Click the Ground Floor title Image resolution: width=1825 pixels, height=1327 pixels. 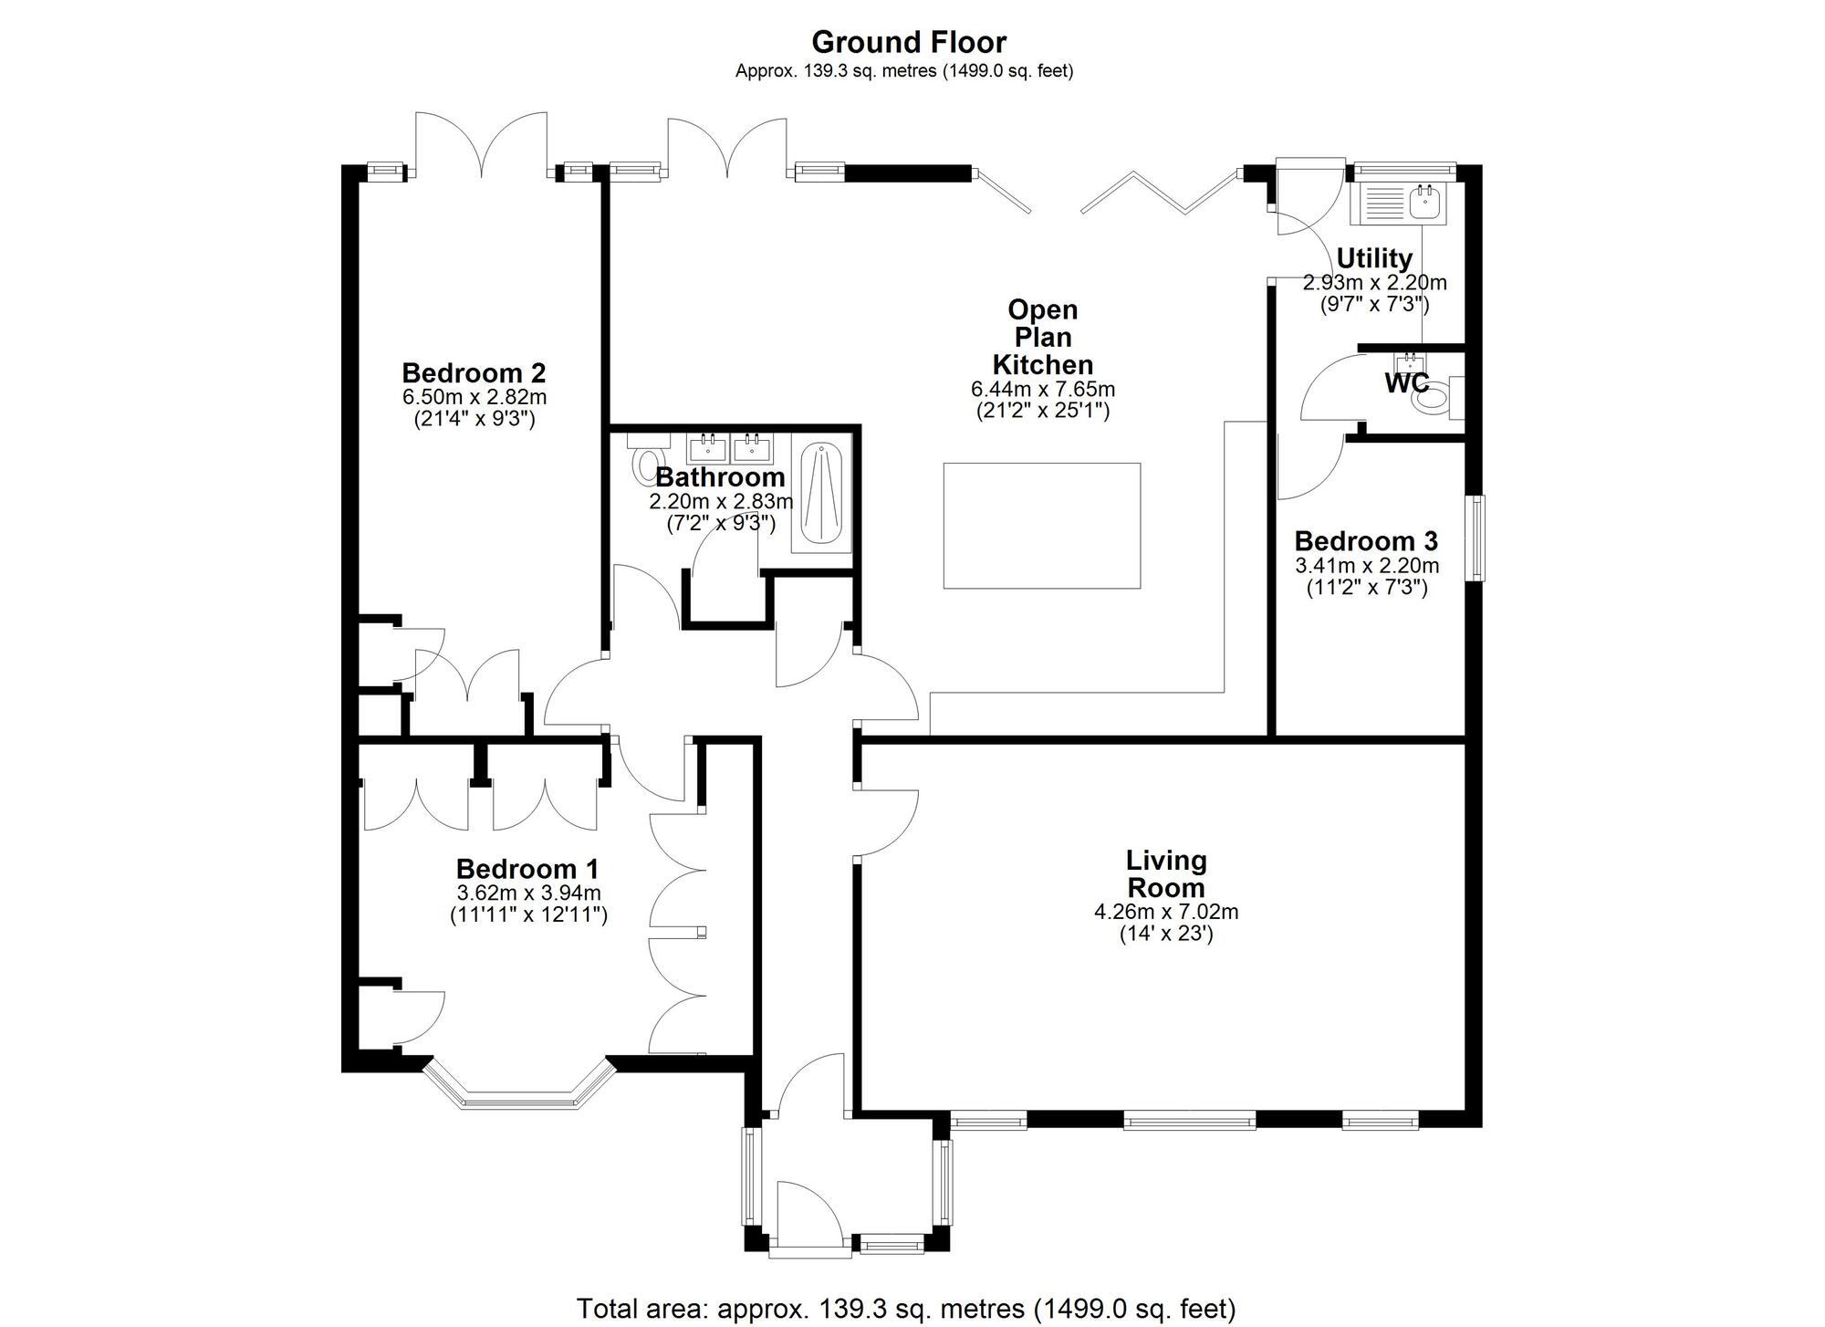(909, 42)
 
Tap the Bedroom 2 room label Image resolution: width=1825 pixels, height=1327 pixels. (474, 373)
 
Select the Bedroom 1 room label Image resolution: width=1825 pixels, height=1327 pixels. (527, 869)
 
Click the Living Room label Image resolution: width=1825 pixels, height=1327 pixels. (1166, 873)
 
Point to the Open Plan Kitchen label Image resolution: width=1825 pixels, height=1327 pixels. (1043, 337)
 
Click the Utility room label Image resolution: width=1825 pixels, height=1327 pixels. (1374, 258)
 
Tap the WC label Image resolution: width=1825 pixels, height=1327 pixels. (1407, 383)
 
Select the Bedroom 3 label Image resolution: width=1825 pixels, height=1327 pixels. (1366, 541)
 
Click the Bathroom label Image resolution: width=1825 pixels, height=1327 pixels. (720, 477)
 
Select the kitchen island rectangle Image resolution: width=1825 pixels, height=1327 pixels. (1042, 526)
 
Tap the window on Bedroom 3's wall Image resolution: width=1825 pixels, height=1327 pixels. (1476, 538)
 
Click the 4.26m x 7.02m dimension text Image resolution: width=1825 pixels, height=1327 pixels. (1166, 912)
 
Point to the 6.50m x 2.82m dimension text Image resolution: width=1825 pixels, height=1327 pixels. (474, 397)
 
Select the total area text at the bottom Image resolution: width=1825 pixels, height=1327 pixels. (906, 1309)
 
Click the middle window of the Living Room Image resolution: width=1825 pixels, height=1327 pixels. (1189, 1120)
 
